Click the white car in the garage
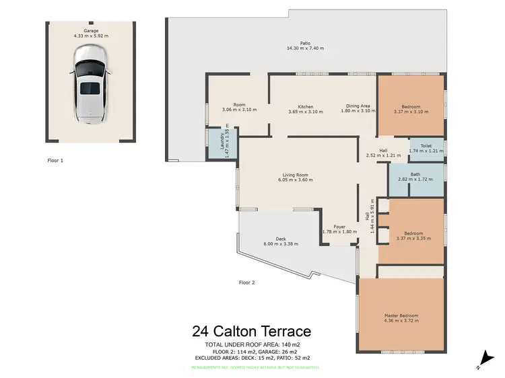(x=90, y=89)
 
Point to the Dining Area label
(x=358, y=106)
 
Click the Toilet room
(x=426, y=148)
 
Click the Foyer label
(x=339, y=227)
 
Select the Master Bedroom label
(x=401, y=315)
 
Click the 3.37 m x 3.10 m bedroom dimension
(x=411, y=111)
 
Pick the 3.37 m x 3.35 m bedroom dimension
(x=411, y=237)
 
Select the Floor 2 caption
(x=247, y=282)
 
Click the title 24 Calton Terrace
(x=252, y=331)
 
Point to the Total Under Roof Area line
(x=252, y=344)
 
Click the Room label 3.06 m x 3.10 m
(x=239, y=109)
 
